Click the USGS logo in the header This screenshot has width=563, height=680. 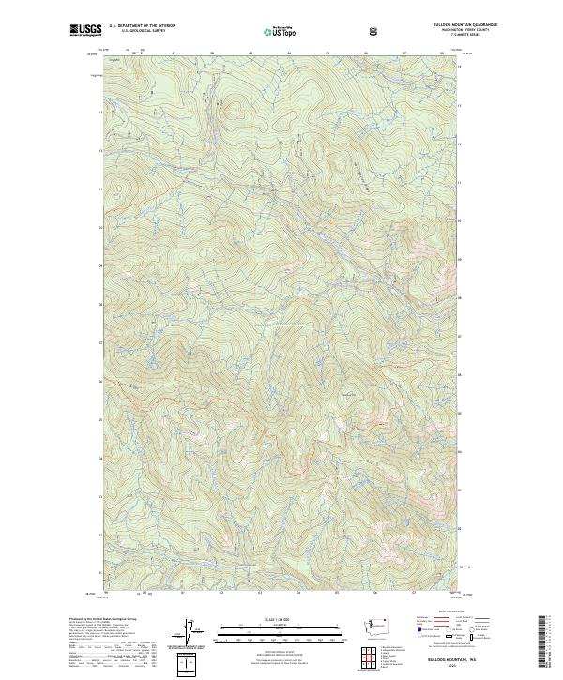(x=86, y=30)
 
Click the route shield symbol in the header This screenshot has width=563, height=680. (x=375, y=31)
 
